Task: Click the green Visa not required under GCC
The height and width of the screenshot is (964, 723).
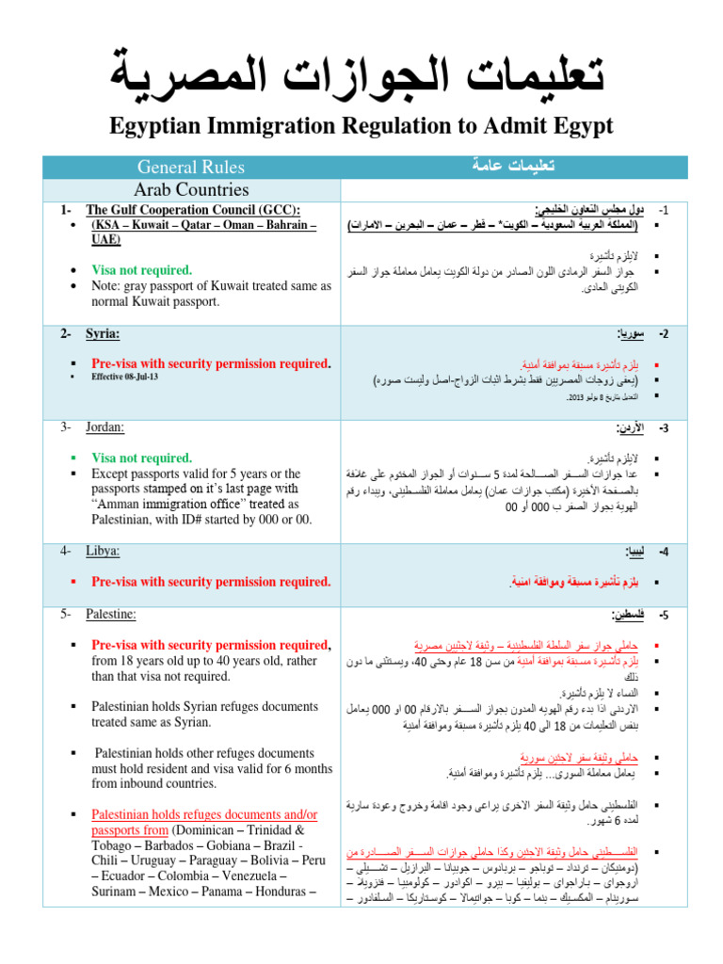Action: point(141,270)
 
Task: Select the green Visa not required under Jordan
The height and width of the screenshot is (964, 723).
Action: point(141,458)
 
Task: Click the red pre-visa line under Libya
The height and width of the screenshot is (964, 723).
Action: point(211,582)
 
